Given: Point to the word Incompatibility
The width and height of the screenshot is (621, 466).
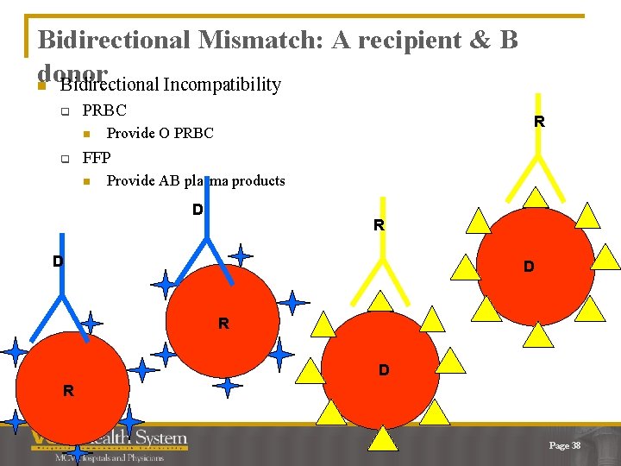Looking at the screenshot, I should (222, 85).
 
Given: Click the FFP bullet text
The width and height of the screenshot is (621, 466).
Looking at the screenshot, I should (97, 157).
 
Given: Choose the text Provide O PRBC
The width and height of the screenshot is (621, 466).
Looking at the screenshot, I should (160, 133).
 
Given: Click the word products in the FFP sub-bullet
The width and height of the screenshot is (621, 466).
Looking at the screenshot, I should (254, 180).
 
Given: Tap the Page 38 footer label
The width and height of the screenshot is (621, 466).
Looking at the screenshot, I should (565, 445).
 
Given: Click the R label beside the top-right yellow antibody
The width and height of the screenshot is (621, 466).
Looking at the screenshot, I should (539, 122).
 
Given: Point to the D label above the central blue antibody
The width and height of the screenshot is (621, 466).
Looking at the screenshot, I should (198, 209).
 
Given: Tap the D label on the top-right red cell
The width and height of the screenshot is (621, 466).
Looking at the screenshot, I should (529, 267).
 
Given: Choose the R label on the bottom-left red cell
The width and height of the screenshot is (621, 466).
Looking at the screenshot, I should (68, 391).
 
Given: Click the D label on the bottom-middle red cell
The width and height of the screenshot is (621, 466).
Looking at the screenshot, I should (384, 369).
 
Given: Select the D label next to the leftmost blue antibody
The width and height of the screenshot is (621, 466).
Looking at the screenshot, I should (57, 261).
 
